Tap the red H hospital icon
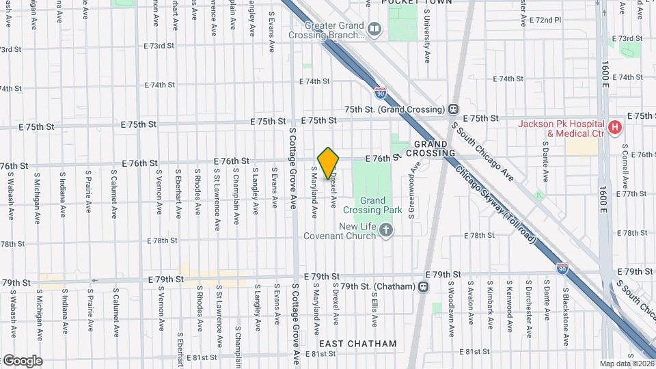click(x=615, y=126)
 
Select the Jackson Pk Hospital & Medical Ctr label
click(x=562, y=128)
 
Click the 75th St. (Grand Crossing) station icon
click(x=452, y=109)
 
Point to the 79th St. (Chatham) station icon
click(x=424, y=286)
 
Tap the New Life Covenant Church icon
click(x=387, y=230)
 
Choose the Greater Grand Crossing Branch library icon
click(x=374, y=29)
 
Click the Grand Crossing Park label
click(x=381, y=205)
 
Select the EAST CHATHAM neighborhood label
click(x=357, y=344)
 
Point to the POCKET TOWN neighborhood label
click(x=409, y=3)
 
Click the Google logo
click(x=22, y=361)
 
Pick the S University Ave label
click(x=427, y=41)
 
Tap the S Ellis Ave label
click(x=374, y=307)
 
